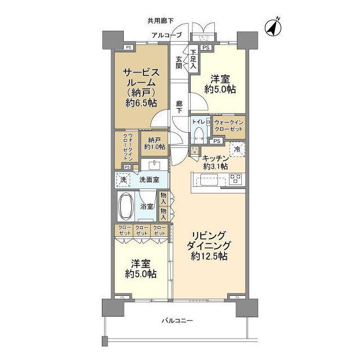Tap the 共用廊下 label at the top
tap(160, 21)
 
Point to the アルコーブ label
tap(166, 35)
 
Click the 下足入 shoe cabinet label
tap(193, 59)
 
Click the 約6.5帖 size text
tap(141, 102)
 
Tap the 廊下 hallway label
tap(179, 106)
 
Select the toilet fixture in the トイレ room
tap(198, 134)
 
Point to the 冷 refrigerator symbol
tap(237, 149)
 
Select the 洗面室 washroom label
tap(149, 179)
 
